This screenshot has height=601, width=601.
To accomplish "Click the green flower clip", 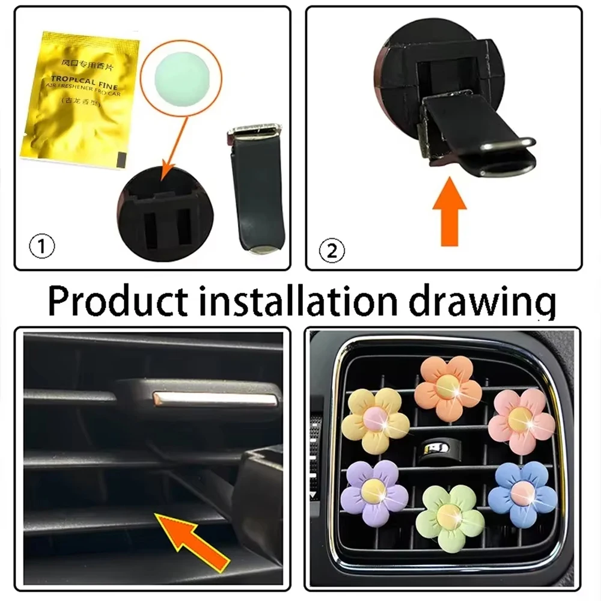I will pyautogui.click(x=450, y=517).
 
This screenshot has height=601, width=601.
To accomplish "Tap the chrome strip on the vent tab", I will pyautogui.click(x=216, y=397).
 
